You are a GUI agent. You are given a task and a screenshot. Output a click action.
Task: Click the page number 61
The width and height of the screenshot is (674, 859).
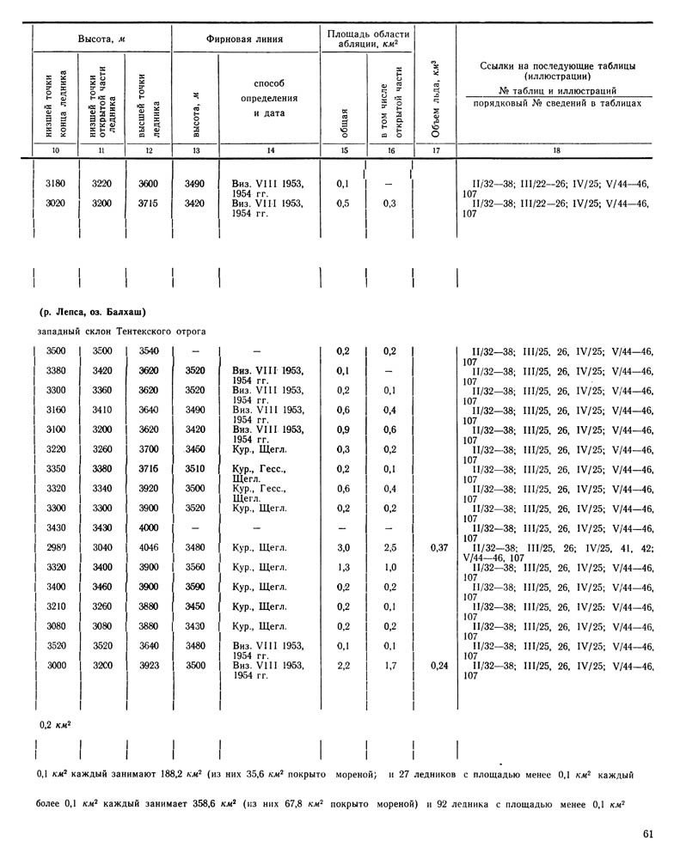(648, 832)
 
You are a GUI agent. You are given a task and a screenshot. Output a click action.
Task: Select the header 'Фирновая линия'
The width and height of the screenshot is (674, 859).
(245, 40)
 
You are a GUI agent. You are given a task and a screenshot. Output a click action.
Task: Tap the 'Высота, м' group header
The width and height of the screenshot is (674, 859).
(102, 40)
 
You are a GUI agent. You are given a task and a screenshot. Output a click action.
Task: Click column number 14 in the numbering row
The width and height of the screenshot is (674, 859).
(270, 151)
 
